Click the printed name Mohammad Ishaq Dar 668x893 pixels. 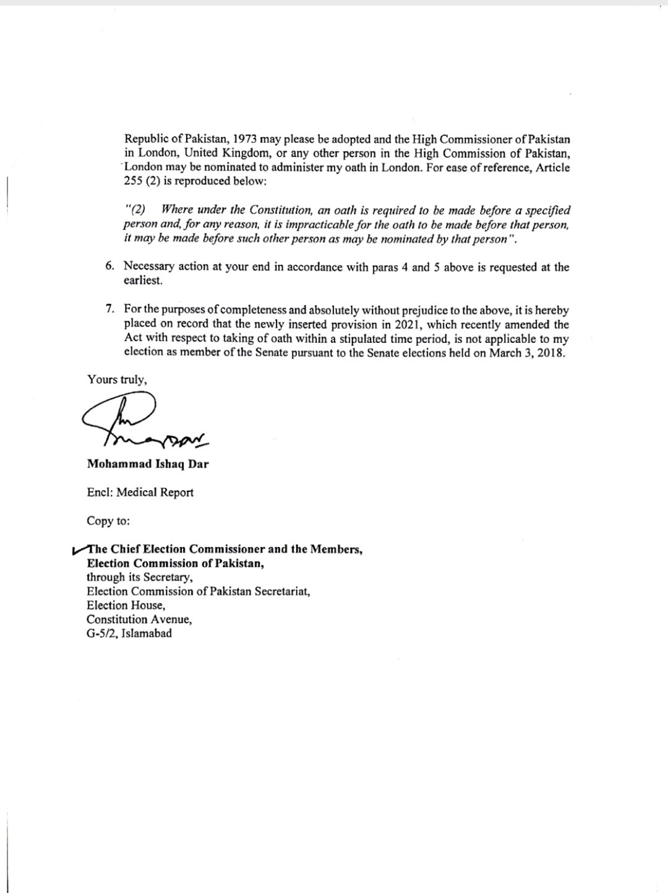(148, 464)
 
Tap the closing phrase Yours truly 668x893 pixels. (117, 379)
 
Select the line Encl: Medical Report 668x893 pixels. (140, 493)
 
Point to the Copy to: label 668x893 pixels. (108, 520)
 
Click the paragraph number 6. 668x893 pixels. (109, 267)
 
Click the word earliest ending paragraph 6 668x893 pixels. (143, 280)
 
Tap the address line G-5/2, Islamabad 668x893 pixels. (129, 633)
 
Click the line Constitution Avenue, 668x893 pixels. (139, 619)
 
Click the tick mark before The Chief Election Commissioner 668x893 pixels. (79, 550)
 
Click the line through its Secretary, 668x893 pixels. (140, 577)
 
